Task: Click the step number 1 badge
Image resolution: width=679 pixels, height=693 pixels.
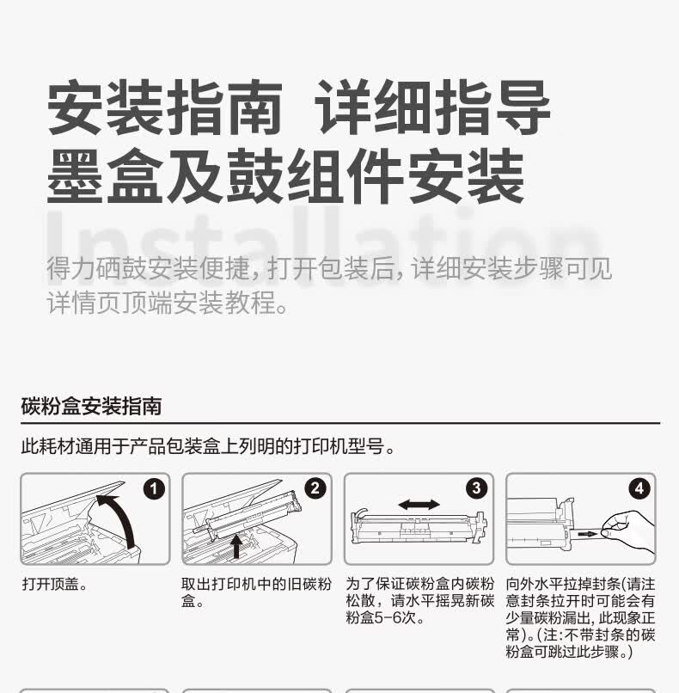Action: (x=154, y=488)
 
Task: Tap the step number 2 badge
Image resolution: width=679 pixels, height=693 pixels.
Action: (x=315, y=488)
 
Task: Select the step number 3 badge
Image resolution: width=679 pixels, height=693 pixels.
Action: (x=477, y=488)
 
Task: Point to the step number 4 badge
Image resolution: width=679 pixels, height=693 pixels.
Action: (x=639, y=488)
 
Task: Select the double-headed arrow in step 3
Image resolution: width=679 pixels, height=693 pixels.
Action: (x=419, y=504)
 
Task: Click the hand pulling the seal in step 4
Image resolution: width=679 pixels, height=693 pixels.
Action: (x=627, y=529)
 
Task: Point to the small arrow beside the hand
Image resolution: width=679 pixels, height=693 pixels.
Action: (x=587, y=535)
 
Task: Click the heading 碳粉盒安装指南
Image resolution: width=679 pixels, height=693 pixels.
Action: (x=91, y=406)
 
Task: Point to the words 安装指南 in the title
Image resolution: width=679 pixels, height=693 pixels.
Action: (x=164, y=111)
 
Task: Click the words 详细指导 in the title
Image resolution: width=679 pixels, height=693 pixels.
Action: (x=435, y=111)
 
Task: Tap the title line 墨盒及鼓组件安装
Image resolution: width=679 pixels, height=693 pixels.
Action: (x=285, y=177)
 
